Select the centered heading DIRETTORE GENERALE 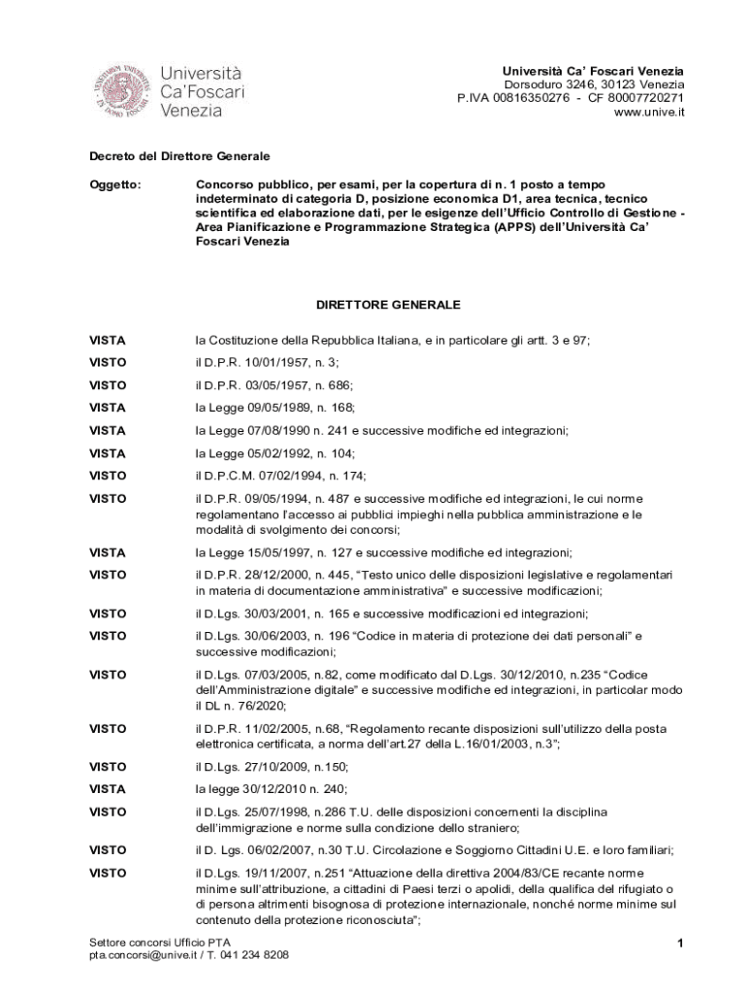point(388,305)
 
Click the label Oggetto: point(115,183)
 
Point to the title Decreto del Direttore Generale point(179,155)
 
